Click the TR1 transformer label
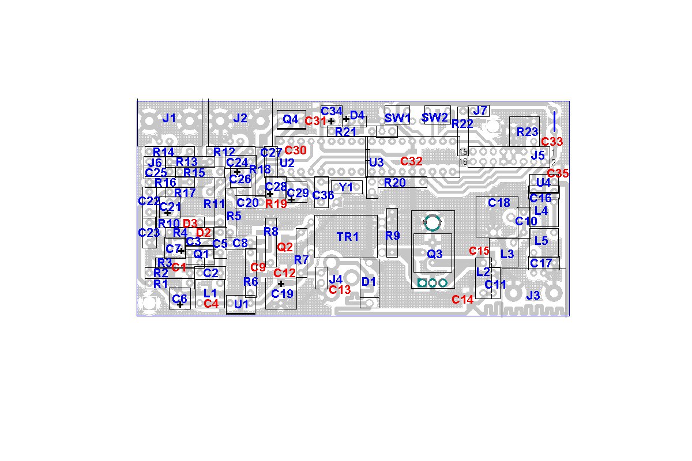pyautogui.click(x=348, y=236)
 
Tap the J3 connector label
pyautogui.click(x=533, y=296)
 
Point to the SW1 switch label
pyautogui.click(x=397, y=118)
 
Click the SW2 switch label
pyautogui.click(x=435, y=118)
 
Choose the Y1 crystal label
pyautogui.click(x=346, y=187)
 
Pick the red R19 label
pyautogui.click(x=276, y=203)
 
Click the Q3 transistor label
pyautogui.click(x=434, y=253)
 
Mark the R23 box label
pyautogui.click(x=527, y=131)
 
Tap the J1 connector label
pyautogui.click(x=169, y=118)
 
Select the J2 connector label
pyautogui.click(x=240, y=118)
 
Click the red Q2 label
pyautogui.click(x=285, y=247)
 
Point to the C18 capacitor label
pyautogui.click(x=499, y=203)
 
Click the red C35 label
pyautogui.click(x=558, y=172)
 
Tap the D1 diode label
pyautogui.click(x=369, y=282)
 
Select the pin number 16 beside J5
pyautogui.click(x=462, y=162)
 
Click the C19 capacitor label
pyautogui.click(x=282, y=293)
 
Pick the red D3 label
pyautogui.click(x=190, y=223)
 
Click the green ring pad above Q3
pyautogui.click(x=431, y=222)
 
